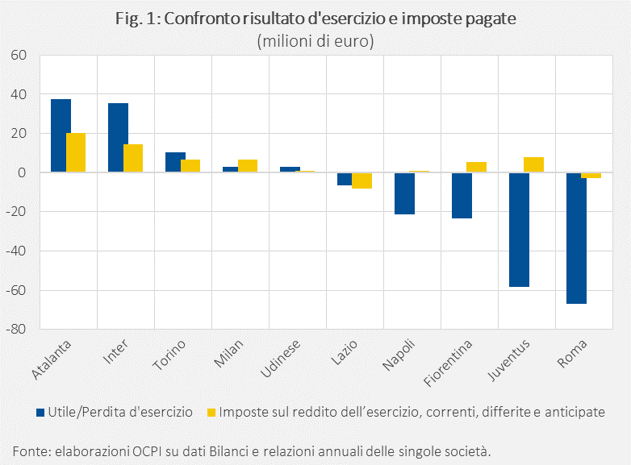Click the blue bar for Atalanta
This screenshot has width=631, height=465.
(x=61, y=135)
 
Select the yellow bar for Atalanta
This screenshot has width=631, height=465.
(x=76, y=152)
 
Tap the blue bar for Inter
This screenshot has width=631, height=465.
(x=118, y=138)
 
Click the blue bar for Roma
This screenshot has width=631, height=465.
(x=576, y=238)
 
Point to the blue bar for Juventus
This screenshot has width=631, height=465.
(x=519, y=230)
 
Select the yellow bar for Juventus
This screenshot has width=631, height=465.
(x=534, y=165)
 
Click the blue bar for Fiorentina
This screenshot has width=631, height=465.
(x=462, y=195)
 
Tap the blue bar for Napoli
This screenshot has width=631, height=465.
(x=404, y=193)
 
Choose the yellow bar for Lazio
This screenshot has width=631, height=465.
(x=362, y=181)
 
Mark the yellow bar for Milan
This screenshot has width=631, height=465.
(x=248, y=166)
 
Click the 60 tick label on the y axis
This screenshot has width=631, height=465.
(x=19, y=56)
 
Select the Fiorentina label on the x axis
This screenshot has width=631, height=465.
(x=450, y=359)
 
